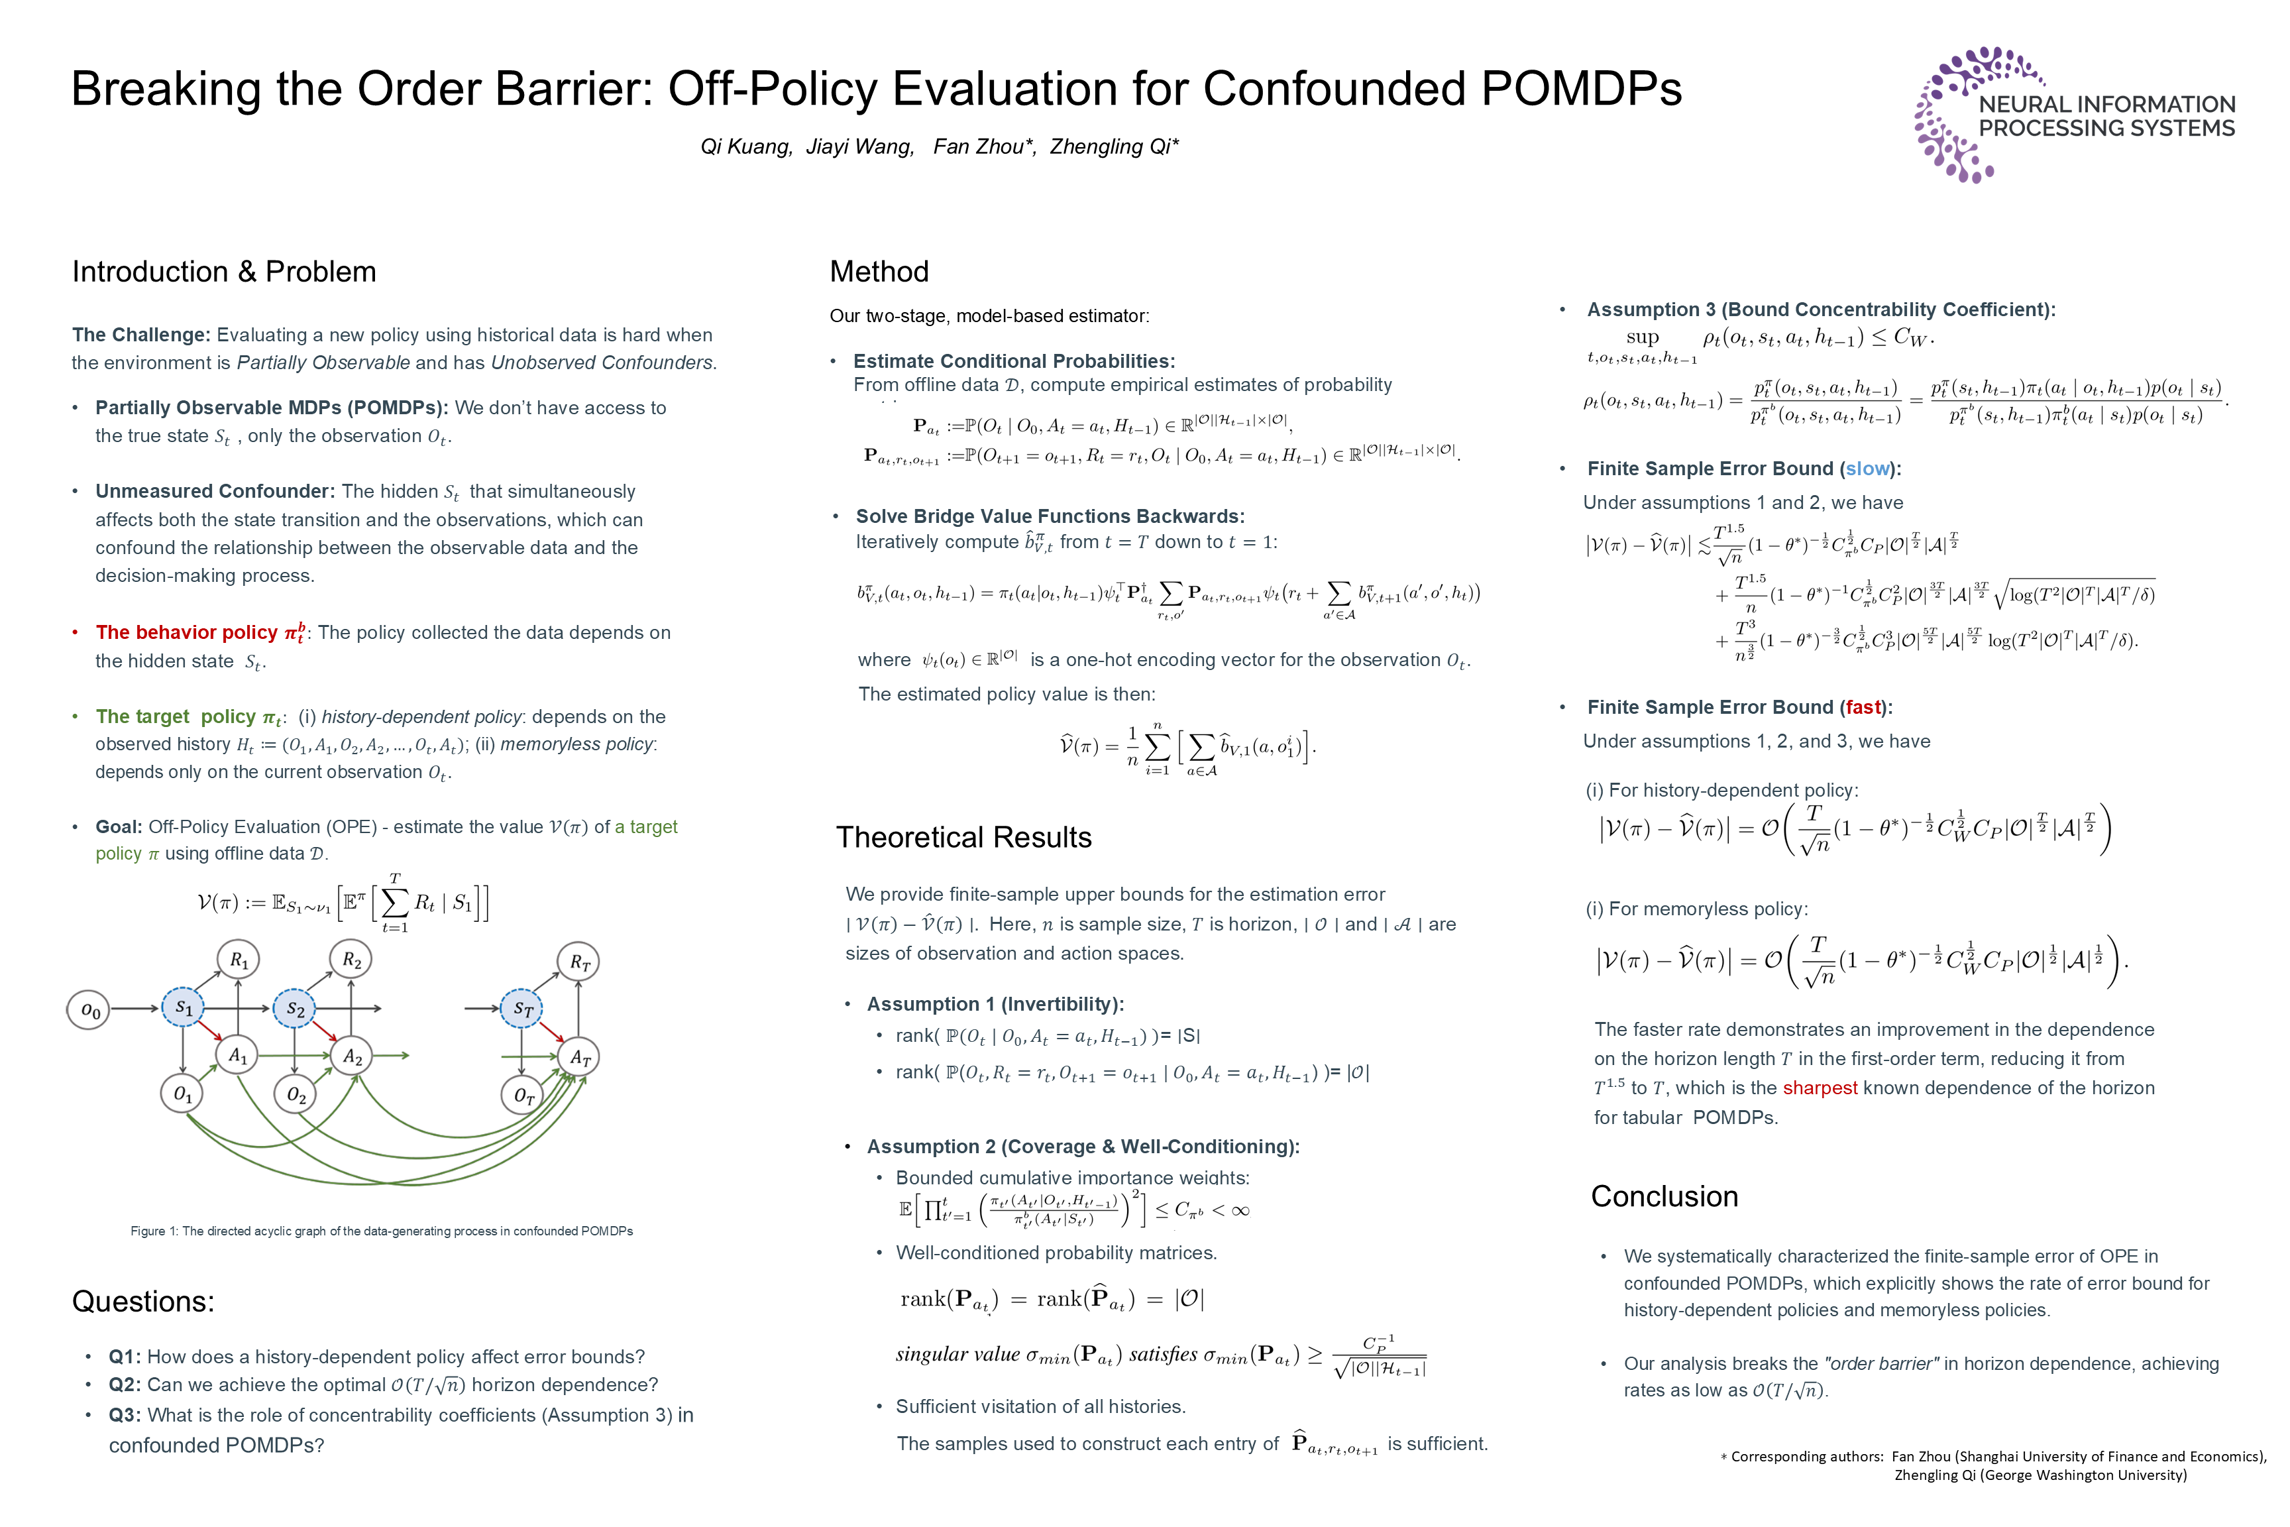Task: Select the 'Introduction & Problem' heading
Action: coord(224,272)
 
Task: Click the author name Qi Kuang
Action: coord(746,147)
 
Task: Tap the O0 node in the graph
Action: coord(89,1010)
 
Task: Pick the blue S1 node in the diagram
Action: coord(183,1008)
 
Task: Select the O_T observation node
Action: coord(523,1096)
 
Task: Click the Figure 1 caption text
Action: coord(382,1231)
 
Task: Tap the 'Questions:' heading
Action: coord(143,1302)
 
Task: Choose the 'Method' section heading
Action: coord(879,272)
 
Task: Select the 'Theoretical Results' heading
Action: coord(964,838)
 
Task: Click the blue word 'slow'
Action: coord(1867,469)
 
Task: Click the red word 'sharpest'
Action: coord(1820,1088)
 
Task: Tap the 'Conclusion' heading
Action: coord(1664,1197)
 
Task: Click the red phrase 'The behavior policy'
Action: coord(186,633)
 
